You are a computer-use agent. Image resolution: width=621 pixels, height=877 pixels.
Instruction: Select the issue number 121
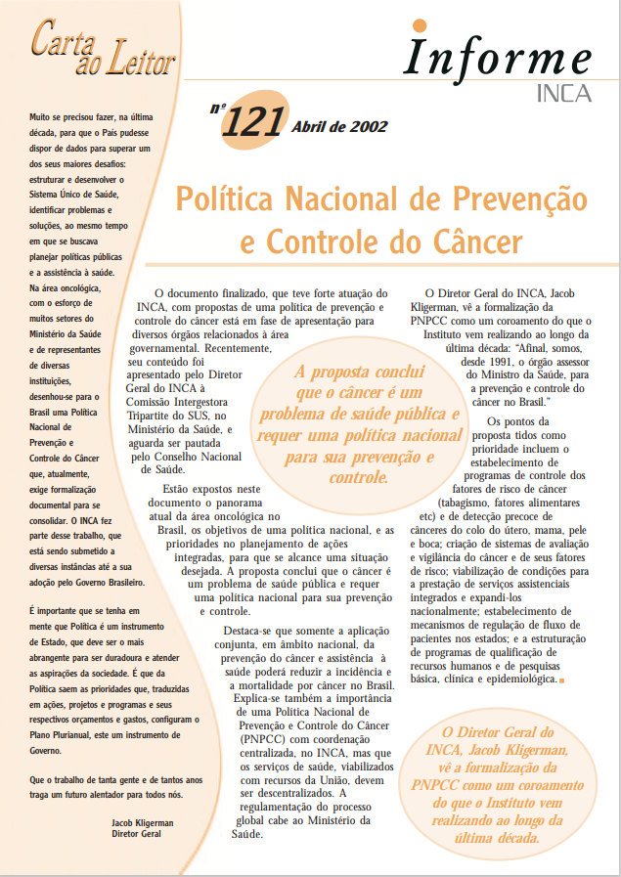pos(251,123)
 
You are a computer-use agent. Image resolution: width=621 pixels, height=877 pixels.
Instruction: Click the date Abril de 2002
pos(338,126)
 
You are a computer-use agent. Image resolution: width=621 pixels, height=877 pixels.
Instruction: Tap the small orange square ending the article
pos(561,680)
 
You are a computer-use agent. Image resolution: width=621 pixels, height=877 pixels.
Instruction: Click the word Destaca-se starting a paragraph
pos(256,632)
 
